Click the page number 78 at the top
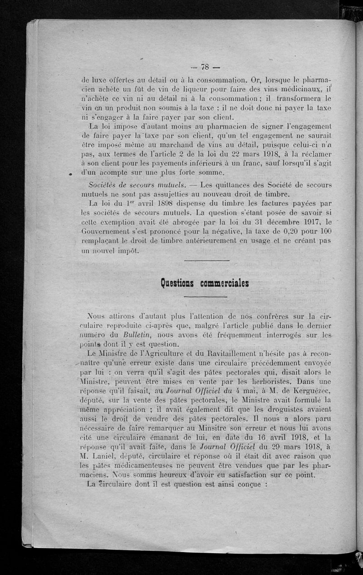(x=204, y=67)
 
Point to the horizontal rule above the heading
(x=207, y=261)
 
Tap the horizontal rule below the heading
(x=206, y=297)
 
